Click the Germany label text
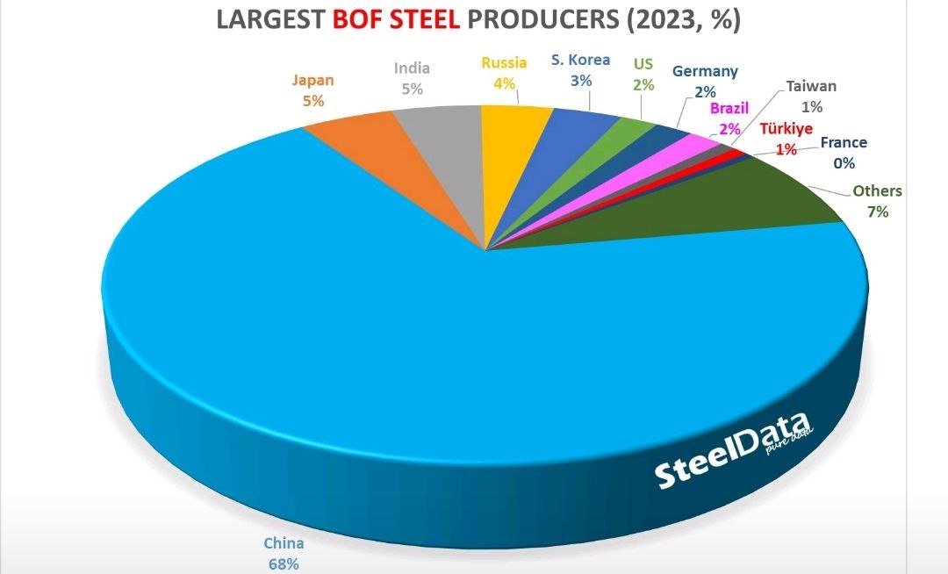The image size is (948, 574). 704,72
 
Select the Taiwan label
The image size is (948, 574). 811,87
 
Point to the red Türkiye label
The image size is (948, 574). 786,129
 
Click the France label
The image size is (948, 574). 843,142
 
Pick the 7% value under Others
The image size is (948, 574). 877,212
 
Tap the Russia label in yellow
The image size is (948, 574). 504,63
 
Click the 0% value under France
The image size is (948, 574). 844,162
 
